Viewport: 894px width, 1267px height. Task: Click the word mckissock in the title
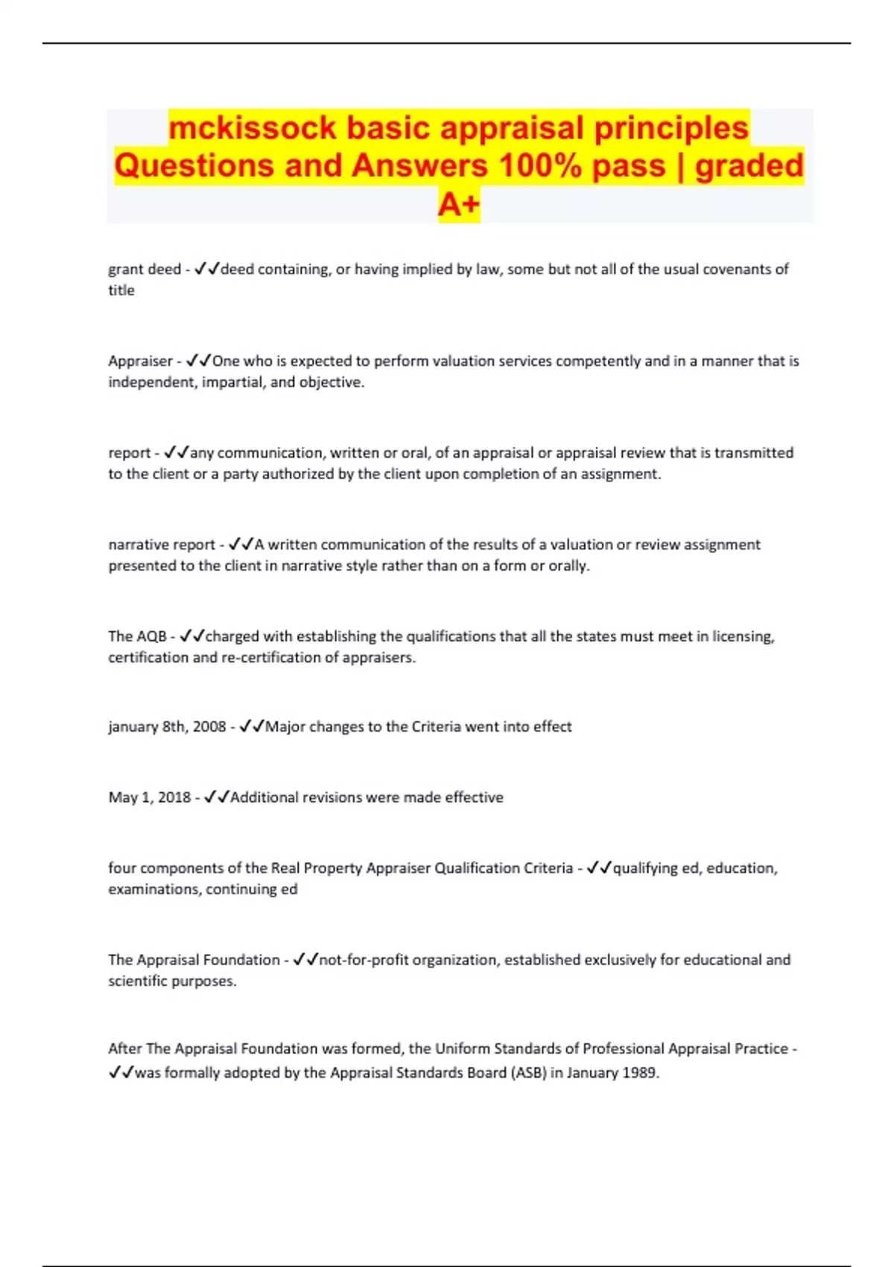(252, 128)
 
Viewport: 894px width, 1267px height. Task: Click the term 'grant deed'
(145, 269)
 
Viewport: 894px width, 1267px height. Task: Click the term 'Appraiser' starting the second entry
(140, 361)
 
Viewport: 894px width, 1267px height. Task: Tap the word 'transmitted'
(753, 453)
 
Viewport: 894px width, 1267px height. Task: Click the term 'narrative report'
(162, 545)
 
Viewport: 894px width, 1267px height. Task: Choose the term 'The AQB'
(137, 636)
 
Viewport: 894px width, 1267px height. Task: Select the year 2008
(209, 727)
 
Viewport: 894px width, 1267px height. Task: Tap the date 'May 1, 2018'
(150, 797)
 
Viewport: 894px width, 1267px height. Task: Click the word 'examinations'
(153, 889)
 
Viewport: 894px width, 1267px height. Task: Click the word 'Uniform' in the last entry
(461, 1049)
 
